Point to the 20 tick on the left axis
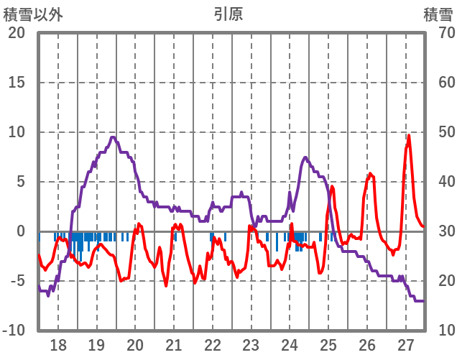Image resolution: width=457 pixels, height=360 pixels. coord(17,33)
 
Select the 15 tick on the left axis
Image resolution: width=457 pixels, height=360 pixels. coord(17,83)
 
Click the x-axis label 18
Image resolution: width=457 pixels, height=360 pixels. coord(58,343)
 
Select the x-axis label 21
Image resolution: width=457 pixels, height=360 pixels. coord(174,343)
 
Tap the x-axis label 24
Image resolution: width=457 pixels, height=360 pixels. coord(290,343)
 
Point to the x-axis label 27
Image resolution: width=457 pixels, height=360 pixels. coord(406,343)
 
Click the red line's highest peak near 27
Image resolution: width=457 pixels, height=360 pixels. coord(409,135)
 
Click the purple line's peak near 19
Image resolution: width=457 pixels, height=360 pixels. coord(113,137)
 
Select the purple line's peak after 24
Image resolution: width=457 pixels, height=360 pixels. coord(305,157)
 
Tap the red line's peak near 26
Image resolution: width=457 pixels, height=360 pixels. coord(370,173)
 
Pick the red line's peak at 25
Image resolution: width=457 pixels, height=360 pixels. coord(331,187)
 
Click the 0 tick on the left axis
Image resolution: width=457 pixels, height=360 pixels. coord(20,231)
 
